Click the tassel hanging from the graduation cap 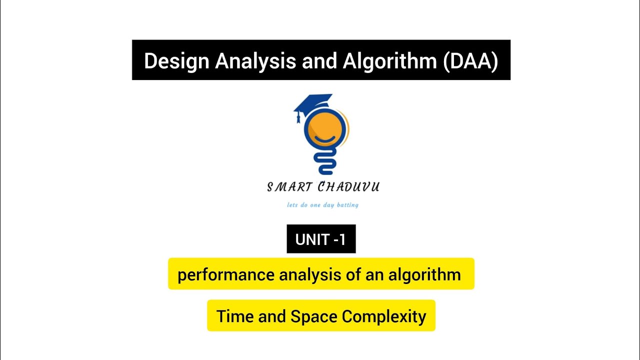(299, 118)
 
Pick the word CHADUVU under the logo (348, 187)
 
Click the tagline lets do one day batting (322, 205)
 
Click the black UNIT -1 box (321, 239)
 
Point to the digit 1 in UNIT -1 (342, 239)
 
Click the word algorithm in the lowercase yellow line (424, 275)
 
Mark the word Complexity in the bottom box (384, 316)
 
